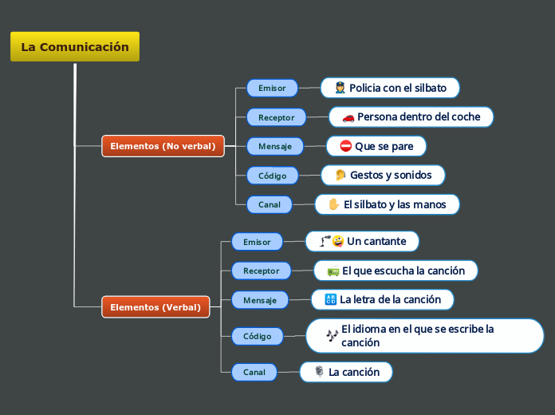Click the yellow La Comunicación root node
(x=75, y=47)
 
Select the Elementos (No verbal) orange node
(x=163, y=146)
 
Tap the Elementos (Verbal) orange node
(x=155, y=307)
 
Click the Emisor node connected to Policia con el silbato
(x=272, y=88)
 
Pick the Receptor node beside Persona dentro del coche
(x=276, y=117)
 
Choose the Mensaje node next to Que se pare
(x=274, y=146)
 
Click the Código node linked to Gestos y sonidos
(x=272, y=176)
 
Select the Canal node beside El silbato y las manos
(x=269, y=204)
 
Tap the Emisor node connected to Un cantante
(x=257, y=242)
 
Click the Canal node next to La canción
(x=254, y=372)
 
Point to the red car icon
(x=348, y=117)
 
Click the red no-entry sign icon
(x=345, y=146)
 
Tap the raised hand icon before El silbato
(x=333, y=204)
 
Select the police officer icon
(x=340, y=88)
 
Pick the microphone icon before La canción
(x=319, y=372)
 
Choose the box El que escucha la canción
(x=396, y=271)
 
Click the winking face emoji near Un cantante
(x=338, y=241)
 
